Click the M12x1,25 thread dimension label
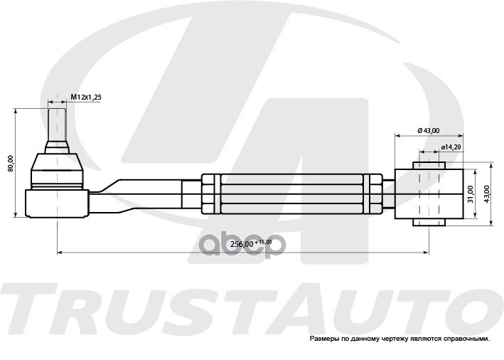click(86, 96)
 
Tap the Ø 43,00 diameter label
click(428, 130)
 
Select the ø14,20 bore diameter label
click(451, 147)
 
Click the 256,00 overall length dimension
click(242, 244)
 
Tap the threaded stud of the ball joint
click(57, 122)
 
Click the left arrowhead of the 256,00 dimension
click(60, 251)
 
